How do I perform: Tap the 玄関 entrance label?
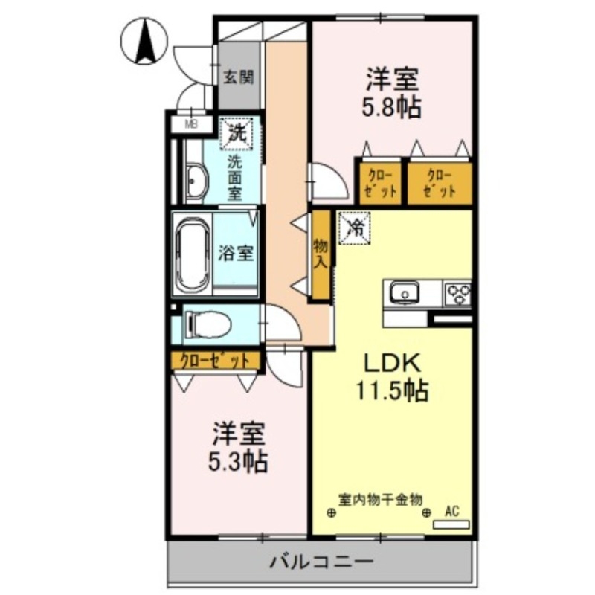[239, 77]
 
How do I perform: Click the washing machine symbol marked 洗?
[237, 134]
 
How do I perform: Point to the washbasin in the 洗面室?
[196, 181]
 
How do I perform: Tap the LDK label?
[393, 364]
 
